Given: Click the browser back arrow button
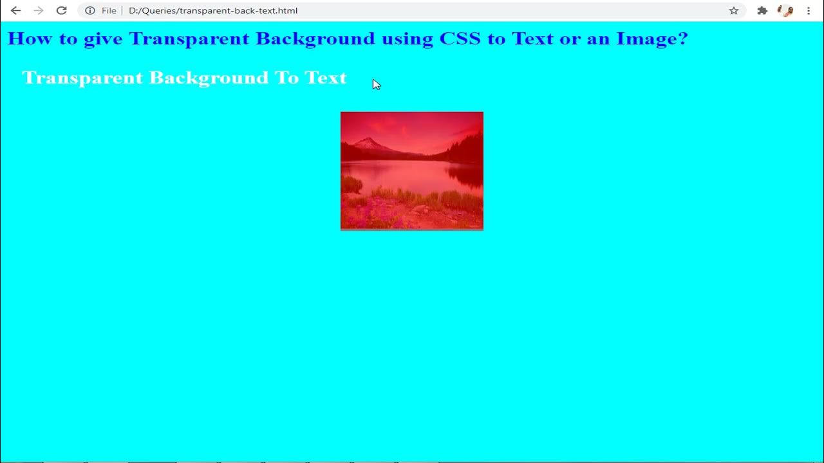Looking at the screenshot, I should coord(15,10).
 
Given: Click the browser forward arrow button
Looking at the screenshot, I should coord(39,10).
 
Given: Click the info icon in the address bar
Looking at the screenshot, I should coord(90,10).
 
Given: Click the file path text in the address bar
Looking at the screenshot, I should coord(212,10).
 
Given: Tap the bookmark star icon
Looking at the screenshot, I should coord(733,10).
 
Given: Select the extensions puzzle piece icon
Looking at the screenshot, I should coord(762,10).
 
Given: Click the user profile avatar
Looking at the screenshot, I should coord(785,10).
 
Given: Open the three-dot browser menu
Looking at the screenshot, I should coord(809,10).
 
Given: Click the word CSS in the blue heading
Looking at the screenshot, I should coord(460,39).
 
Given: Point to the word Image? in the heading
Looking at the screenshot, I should coord(651,39).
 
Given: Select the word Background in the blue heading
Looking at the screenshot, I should coord(315,39).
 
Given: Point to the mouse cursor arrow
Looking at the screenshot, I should coord(376,84).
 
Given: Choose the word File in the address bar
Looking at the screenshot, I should coord(109,10).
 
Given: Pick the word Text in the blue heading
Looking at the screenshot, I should coord(532,39).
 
